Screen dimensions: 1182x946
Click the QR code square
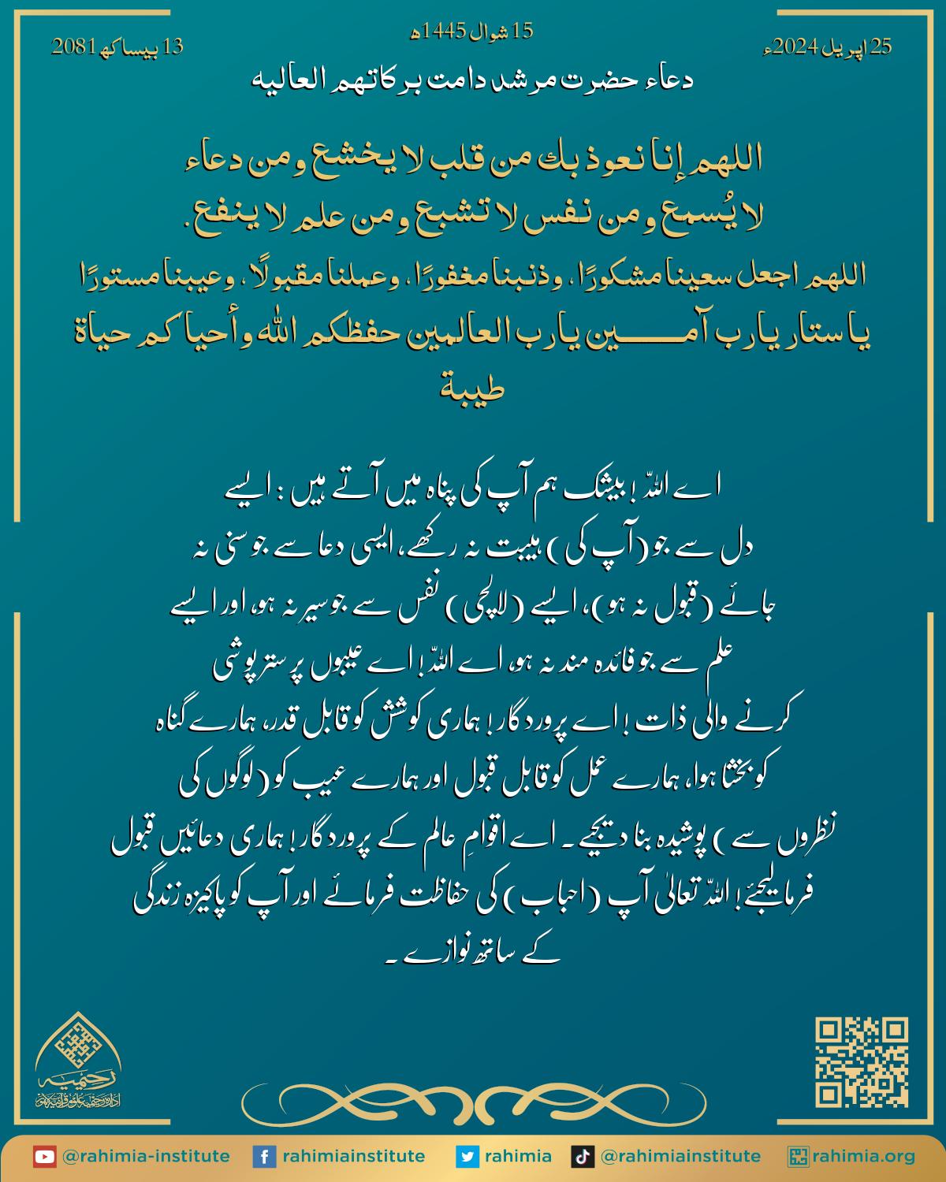pos(861,1062)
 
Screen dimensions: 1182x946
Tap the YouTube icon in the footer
pos(44,1157)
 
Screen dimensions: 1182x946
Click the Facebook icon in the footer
pos(263,1157)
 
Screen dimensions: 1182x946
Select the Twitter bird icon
pos(467,1157)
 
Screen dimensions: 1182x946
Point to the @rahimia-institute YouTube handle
pos(145,1157)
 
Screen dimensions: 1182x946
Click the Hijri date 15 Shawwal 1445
pos(473,32)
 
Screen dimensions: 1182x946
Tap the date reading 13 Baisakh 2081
pos(117,47)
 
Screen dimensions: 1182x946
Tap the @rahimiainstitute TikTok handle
pos(680,1157)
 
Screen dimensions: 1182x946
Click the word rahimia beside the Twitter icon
pos(517,1157)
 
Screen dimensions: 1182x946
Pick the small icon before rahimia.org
pos(798,1157)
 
